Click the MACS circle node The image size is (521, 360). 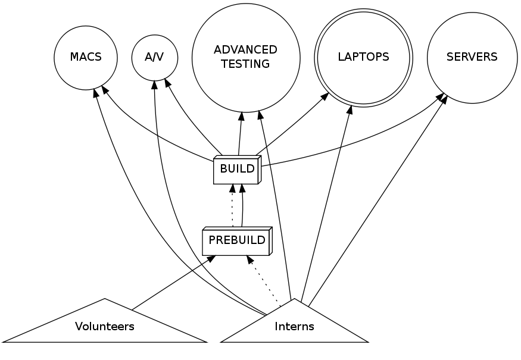(86, 58)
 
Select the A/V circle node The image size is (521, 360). (154, 58)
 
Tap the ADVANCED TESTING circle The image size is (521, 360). (245, 58)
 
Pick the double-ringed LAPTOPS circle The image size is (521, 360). (363, 58)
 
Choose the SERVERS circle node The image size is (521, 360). (472, 58)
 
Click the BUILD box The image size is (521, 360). (237, 170)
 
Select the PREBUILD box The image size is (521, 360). (236, 241)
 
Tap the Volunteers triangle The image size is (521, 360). (105, 326)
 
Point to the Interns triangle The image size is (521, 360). (294, 326)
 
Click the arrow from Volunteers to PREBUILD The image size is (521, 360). (173, 283)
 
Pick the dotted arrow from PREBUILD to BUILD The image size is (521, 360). (232, 205)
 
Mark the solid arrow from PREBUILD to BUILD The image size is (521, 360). (242, 205)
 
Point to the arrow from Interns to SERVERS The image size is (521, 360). (381, 196)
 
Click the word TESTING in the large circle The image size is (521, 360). (245, 64)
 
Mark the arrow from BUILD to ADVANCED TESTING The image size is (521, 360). (241, 134)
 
